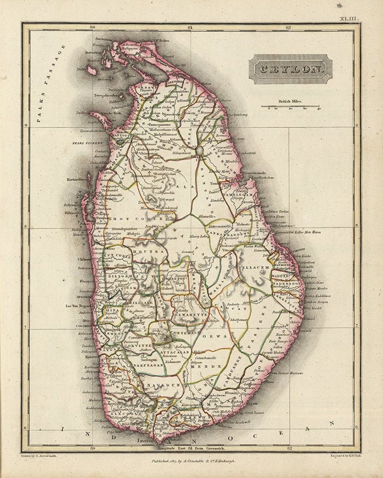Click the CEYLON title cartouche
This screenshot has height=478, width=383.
click(290, 69)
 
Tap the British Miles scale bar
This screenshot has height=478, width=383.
click(290, 107)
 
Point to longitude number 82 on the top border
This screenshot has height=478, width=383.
click(288, 28)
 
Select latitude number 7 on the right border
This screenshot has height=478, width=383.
click(357, 325)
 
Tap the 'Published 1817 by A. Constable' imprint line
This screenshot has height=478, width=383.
click(194, 461)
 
